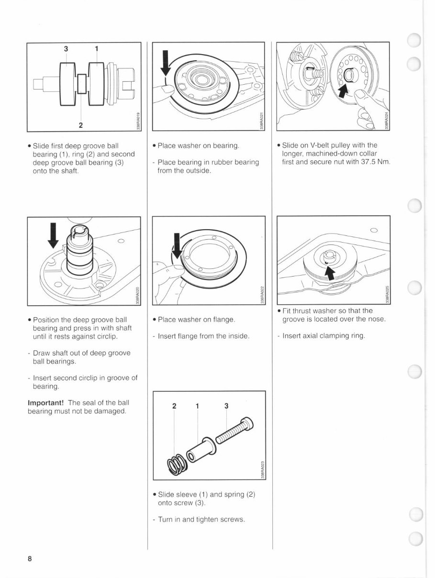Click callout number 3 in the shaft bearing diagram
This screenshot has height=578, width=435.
(x=66, y=49)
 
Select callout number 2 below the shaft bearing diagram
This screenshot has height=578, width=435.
(x=81, y=125)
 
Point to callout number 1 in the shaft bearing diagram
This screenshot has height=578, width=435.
(x=97, y=49)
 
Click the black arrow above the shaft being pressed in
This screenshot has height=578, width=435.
(x=53, y=235)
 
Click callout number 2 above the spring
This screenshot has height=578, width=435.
(x=174, y=406)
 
